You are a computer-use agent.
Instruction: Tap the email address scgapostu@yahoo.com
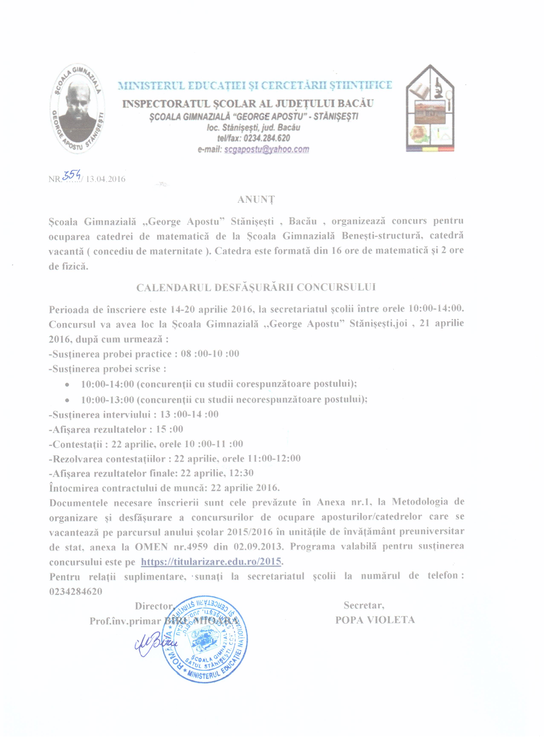(266, 149)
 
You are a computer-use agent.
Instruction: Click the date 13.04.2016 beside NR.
(106, 179)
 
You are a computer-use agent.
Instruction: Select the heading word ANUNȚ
(256, 199)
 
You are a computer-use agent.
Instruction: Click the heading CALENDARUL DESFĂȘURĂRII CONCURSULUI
(256, 287)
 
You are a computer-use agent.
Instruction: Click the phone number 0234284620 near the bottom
(75, 591)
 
